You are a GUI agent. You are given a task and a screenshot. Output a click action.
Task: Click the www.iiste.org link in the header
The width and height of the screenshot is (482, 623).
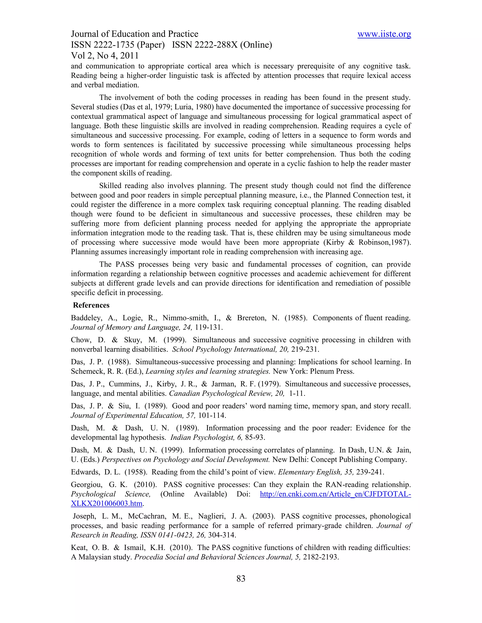tap(384, 34)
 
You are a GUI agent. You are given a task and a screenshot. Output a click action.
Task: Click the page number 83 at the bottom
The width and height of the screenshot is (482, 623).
tap(241, 578)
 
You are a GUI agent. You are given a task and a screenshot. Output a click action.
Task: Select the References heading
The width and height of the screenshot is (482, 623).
tap(91, 305)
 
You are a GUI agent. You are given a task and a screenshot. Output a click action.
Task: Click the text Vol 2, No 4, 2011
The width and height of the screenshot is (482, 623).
tap(104, 56)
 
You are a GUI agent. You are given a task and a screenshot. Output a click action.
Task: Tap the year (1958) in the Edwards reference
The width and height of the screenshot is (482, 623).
tap(136, 472)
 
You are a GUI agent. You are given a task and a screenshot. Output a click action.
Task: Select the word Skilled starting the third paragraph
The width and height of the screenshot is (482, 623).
tap(111, 186)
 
